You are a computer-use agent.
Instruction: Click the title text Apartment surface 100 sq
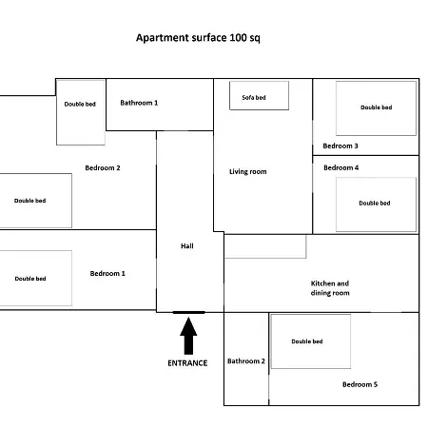[198, 38]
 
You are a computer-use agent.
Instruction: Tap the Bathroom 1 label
[139, 103]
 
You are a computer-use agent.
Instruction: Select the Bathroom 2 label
[246, 361]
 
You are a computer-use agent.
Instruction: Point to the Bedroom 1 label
[107, 274]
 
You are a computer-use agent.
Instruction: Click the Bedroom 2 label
[103, 167]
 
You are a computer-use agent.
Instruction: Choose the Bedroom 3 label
[340, 146]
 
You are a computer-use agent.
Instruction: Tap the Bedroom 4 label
[341, 167]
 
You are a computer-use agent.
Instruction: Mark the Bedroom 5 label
[360, 384]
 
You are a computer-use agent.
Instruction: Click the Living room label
[247, 172]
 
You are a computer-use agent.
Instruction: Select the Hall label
[187, 246]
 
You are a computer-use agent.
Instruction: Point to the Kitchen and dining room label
[330, 288]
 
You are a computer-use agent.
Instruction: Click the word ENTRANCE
[187, 363]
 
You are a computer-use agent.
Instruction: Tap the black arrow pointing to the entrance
[188, 335]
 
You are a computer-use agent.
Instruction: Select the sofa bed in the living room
[259, 96]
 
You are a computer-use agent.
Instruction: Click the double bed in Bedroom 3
[376, 107]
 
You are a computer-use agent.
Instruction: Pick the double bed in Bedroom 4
[375, 204]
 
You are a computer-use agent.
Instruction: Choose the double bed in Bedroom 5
[310, 341]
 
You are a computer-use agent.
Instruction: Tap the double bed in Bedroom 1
[34, 279]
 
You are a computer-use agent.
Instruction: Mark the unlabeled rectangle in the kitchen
[265, 246]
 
